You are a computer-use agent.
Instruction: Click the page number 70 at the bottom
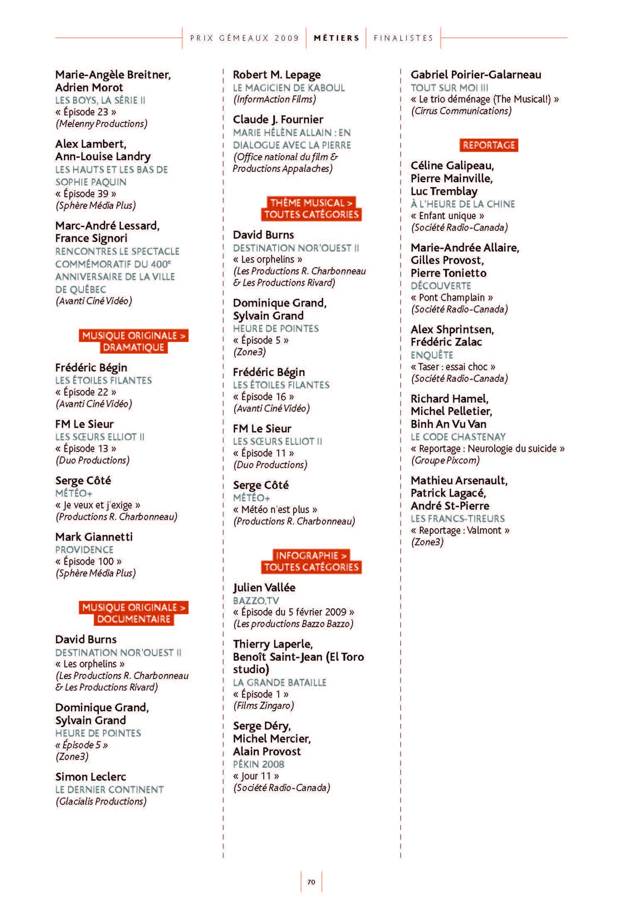coord(311,882)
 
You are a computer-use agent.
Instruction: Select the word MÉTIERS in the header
coord(336,38)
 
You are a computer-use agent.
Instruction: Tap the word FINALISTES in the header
coord(403,38)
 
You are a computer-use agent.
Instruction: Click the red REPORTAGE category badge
coord(488,145)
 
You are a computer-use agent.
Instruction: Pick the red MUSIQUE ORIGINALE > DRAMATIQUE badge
coord(133,341)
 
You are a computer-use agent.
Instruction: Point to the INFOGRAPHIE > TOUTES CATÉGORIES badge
coord(311,561)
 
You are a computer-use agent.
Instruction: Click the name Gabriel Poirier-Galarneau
coord(476,75)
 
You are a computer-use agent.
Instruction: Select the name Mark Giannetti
coord(94,537)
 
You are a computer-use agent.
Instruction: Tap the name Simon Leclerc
coord(91,776)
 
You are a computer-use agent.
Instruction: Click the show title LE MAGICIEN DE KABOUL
coord(289,88)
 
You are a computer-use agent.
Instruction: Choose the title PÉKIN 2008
coord(258,764)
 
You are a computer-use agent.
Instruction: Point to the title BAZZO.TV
coord(256,600)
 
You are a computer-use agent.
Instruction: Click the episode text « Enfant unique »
coord(447,216)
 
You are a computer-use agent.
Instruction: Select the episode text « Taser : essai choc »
coord(453,367)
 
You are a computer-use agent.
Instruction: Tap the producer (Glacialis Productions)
coord(101,801)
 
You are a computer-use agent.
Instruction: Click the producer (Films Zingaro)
coord(263,705)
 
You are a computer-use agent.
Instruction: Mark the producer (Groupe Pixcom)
coord(445,460)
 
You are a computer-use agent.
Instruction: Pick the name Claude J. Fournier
coord(278,120)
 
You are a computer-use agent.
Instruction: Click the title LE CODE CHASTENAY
coord(458,437)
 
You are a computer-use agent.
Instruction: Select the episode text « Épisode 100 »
coord(88,561)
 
